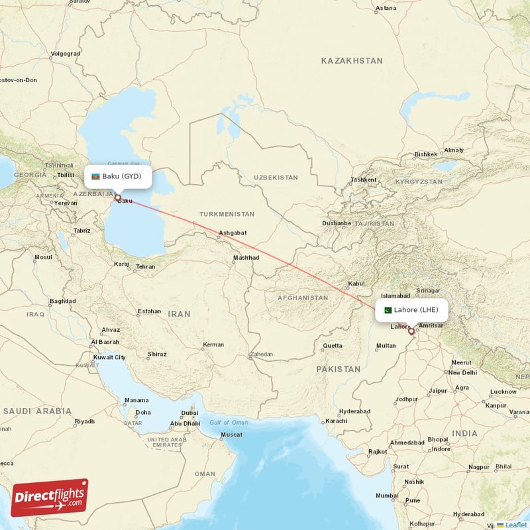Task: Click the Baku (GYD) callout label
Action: coord(118,176)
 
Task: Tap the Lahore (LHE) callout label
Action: coord(411,309)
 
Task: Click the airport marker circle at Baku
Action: coord(118,197)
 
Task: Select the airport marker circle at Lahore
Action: coord(411,331)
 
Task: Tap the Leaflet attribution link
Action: coord(515,525)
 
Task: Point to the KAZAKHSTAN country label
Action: coord(351,61)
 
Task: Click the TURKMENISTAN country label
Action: coord(227,215)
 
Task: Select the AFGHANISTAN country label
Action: coord(303,298)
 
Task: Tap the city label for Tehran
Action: coord(145,267)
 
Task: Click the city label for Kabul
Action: coord(356,283)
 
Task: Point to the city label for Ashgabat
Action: coord(233,233)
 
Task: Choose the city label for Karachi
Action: coord(336,421)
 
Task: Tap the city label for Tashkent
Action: coord(364,180)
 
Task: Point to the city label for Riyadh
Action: coord(84,421)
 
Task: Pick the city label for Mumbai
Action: coord(387,496)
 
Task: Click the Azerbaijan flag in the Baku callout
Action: coord(96,176)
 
